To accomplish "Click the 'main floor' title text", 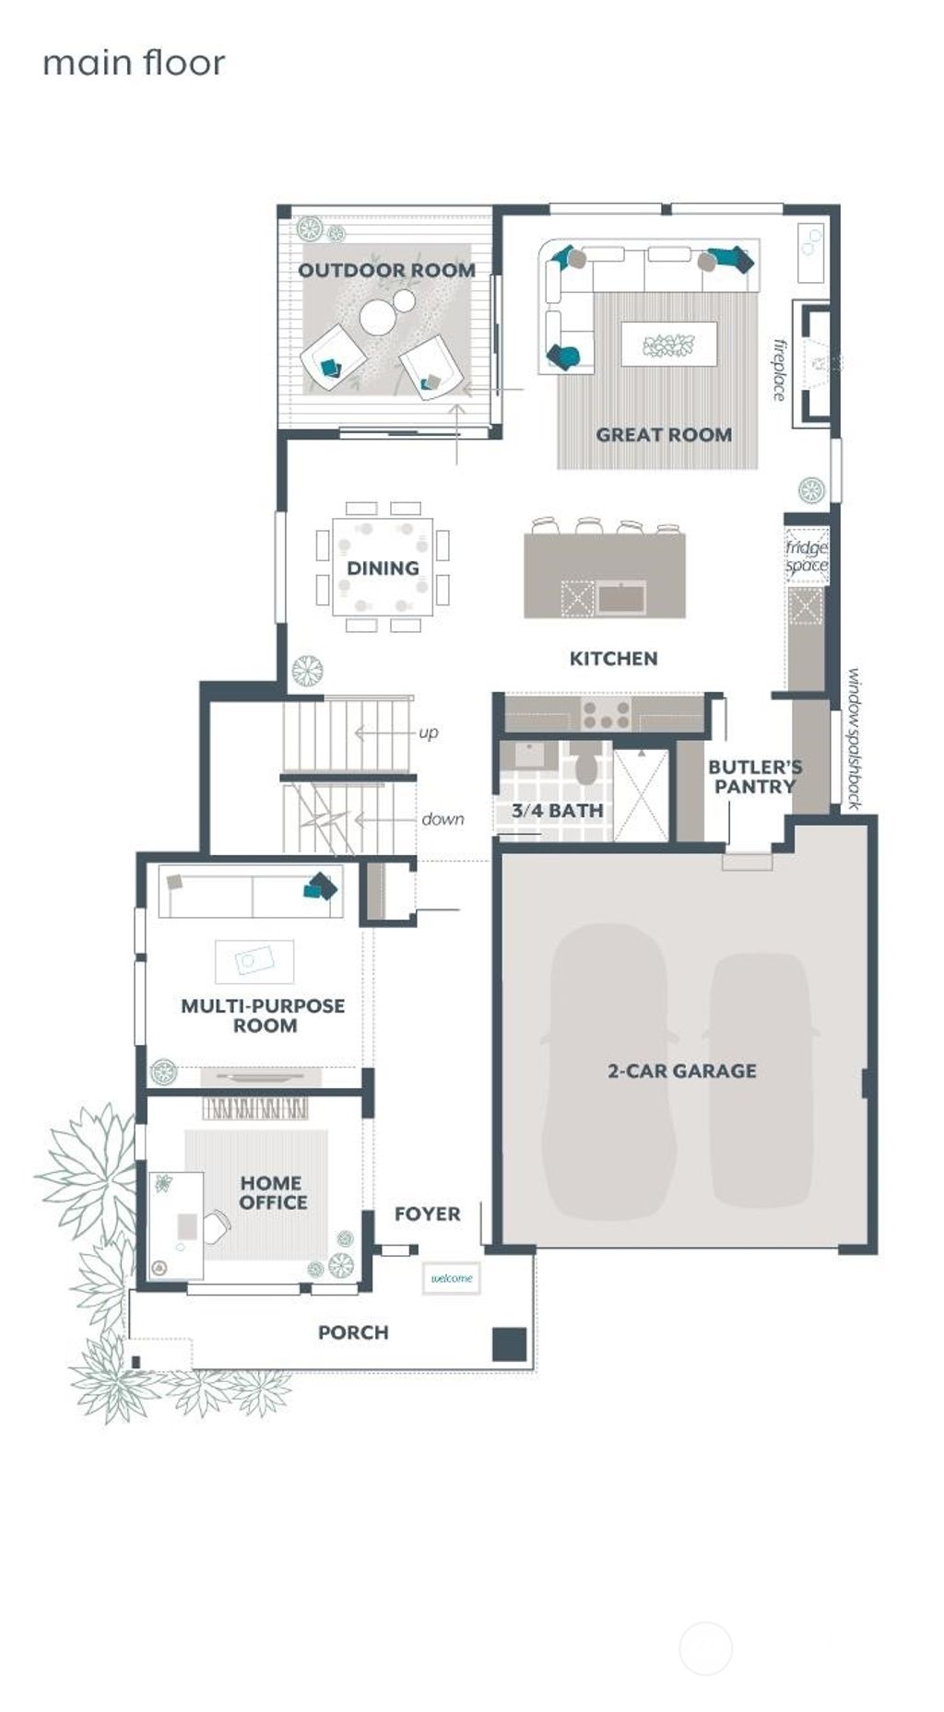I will [134, 64].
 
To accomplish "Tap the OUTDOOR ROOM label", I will [386, 270].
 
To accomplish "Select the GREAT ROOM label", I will [664, 434].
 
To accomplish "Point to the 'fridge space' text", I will [807, 557].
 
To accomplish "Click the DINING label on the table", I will [383, 568].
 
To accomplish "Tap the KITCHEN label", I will [613, 658].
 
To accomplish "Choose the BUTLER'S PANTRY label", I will [754, 776].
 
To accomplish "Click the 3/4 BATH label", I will [557, 811].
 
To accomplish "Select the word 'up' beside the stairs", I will [429, 733].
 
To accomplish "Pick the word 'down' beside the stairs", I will [442, 819].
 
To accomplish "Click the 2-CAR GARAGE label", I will [681, 1071].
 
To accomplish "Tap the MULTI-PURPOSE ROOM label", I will [263, 1015].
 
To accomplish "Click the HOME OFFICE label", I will [273, 1192].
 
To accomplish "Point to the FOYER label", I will [427, 1214].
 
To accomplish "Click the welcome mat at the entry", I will [452, 1278].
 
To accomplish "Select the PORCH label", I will [353, 1332].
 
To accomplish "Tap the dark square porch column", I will [509, 1343].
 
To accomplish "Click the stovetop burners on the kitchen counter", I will [606, 714].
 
